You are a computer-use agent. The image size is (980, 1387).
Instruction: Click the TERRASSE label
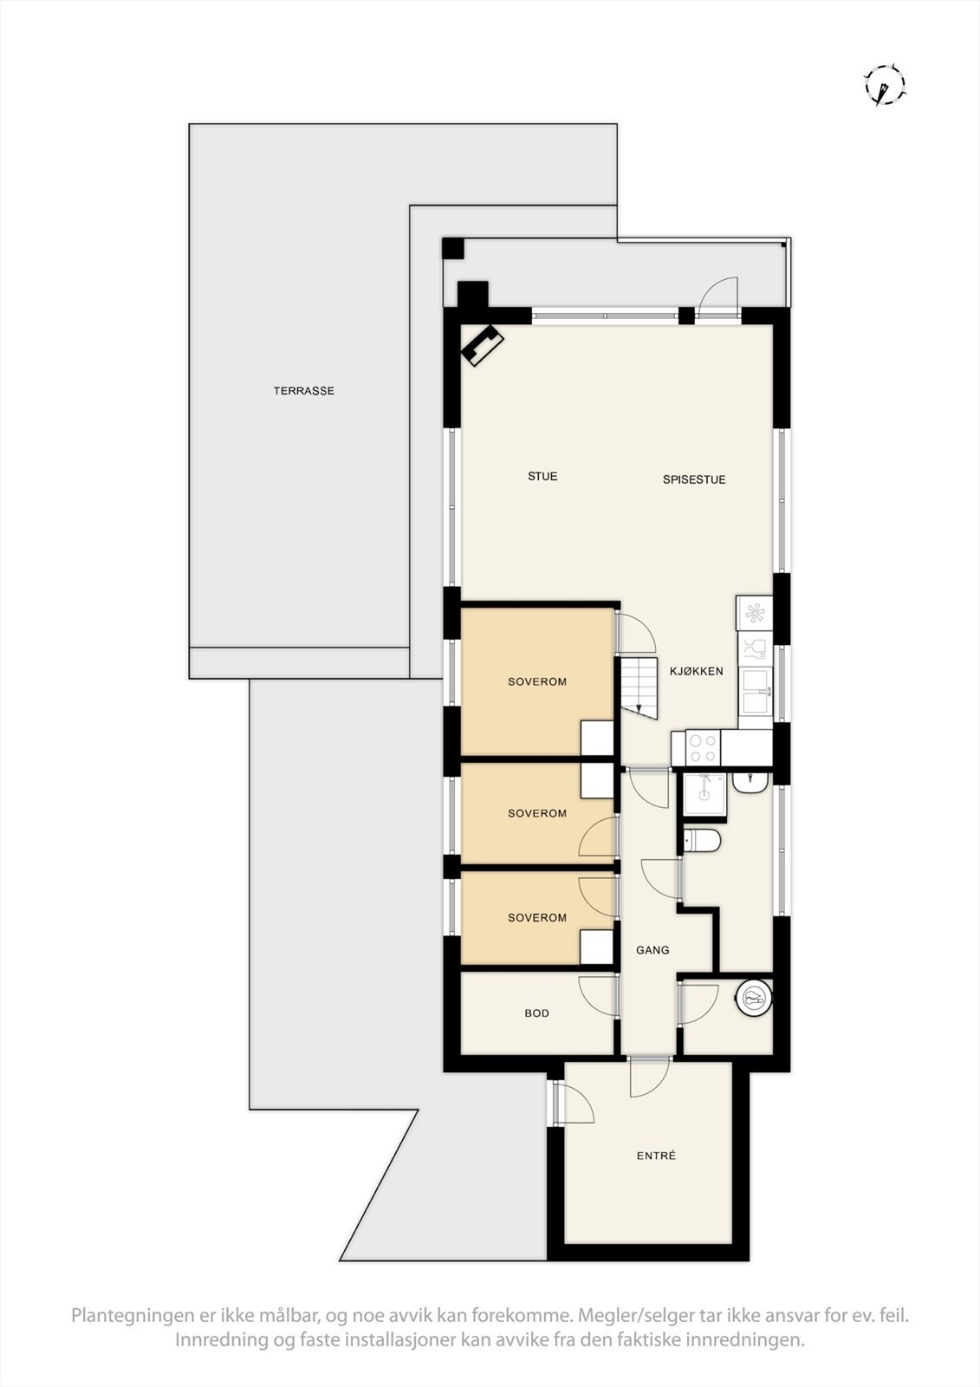(x=303, y=391)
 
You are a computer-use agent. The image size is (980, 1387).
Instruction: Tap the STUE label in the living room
(x=542, y=476)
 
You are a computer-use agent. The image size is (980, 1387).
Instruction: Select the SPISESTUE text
(x=694, y=479)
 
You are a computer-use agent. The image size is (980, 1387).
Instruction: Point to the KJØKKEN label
(x=696, y=671)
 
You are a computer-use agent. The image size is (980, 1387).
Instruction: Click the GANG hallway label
(x=652, y=950)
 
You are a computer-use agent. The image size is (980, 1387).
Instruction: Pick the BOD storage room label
(x=536, y=1013)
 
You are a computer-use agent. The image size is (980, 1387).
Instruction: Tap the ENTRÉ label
(x=656, y=1156)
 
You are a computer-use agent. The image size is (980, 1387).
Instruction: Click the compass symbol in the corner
(x=885, y=85)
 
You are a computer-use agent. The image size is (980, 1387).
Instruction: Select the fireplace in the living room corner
(x=482, y=344)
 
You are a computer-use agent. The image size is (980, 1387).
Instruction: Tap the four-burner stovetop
(x=702, y=748)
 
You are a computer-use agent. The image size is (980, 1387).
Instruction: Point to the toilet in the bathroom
(x=702, y=840)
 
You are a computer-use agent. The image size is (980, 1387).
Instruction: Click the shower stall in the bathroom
(x=704, y=794)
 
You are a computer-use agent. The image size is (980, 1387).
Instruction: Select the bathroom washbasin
(x=748, y=782)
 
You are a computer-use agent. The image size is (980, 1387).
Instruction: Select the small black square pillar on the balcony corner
(x=453, y=248)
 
